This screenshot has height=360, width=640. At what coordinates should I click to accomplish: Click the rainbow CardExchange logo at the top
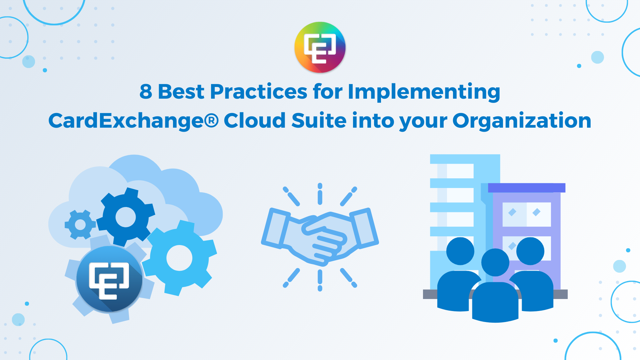pos(320,47)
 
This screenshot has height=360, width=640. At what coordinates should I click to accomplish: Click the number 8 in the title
pos(146,92)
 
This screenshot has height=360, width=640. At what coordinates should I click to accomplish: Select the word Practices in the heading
pos(258,91)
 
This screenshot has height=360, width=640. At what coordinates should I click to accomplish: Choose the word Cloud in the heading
pos(255,120)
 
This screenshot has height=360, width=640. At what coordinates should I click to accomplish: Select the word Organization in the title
pos(522,121)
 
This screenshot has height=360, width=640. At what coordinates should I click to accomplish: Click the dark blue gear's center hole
pos(126,217)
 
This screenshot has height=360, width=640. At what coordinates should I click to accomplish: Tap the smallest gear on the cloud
pos(80,224)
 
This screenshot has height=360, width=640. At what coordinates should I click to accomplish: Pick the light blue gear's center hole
pos(179,258)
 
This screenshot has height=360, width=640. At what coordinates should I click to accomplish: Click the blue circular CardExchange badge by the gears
pos(109,279)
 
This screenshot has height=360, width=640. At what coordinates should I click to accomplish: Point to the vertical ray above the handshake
pos(320,194)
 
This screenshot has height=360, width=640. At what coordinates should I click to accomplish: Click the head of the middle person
pos(495,262)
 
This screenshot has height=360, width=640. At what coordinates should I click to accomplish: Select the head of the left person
pos(460,251)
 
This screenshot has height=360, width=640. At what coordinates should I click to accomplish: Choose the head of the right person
pos(530,251)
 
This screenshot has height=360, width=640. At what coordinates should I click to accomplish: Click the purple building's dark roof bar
pos(527,188)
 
